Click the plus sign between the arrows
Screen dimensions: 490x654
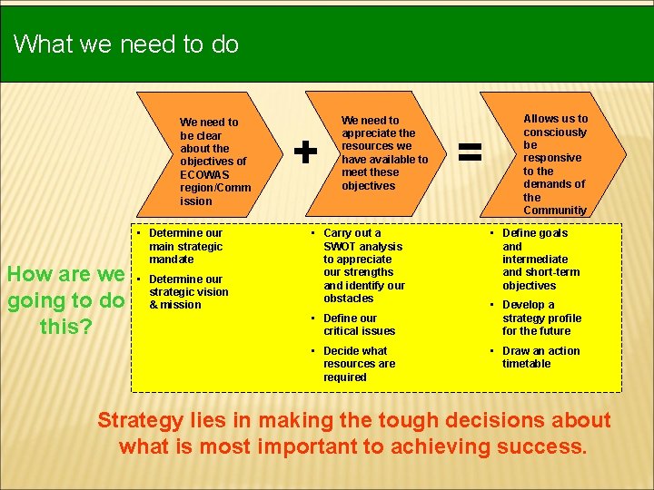click(x=306, y=152)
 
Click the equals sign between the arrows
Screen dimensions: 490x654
click(x=469, y=151)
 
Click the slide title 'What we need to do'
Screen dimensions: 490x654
click(x=126, y=44)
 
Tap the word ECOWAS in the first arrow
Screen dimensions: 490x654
click(x=205, y=174)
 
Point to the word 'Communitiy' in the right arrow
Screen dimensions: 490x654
click(x=555, y=211)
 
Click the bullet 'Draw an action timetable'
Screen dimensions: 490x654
click(x=540, y=358)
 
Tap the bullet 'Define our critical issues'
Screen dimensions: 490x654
click(x=359, y=324)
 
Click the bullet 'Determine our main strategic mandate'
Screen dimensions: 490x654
click(x=185, y=246)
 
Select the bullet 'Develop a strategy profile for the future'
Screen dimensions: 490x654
click(x=541, y=318)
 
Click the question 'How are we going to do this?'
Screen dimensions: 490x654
click(x=65, y=299)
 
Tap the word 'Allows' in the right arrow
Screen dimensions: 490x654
click(x=541, y=119)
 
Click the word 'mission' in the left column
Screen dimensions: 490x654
click(x=182, y=305)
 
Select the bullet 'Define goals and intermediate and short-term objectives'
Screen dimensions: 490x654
click(x=540, y=259)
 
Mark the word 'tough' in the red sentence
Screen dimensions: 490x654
click(x=408, y=420)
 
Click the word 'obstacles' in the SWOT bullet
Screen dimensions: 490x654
click(x=349, y=299)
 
